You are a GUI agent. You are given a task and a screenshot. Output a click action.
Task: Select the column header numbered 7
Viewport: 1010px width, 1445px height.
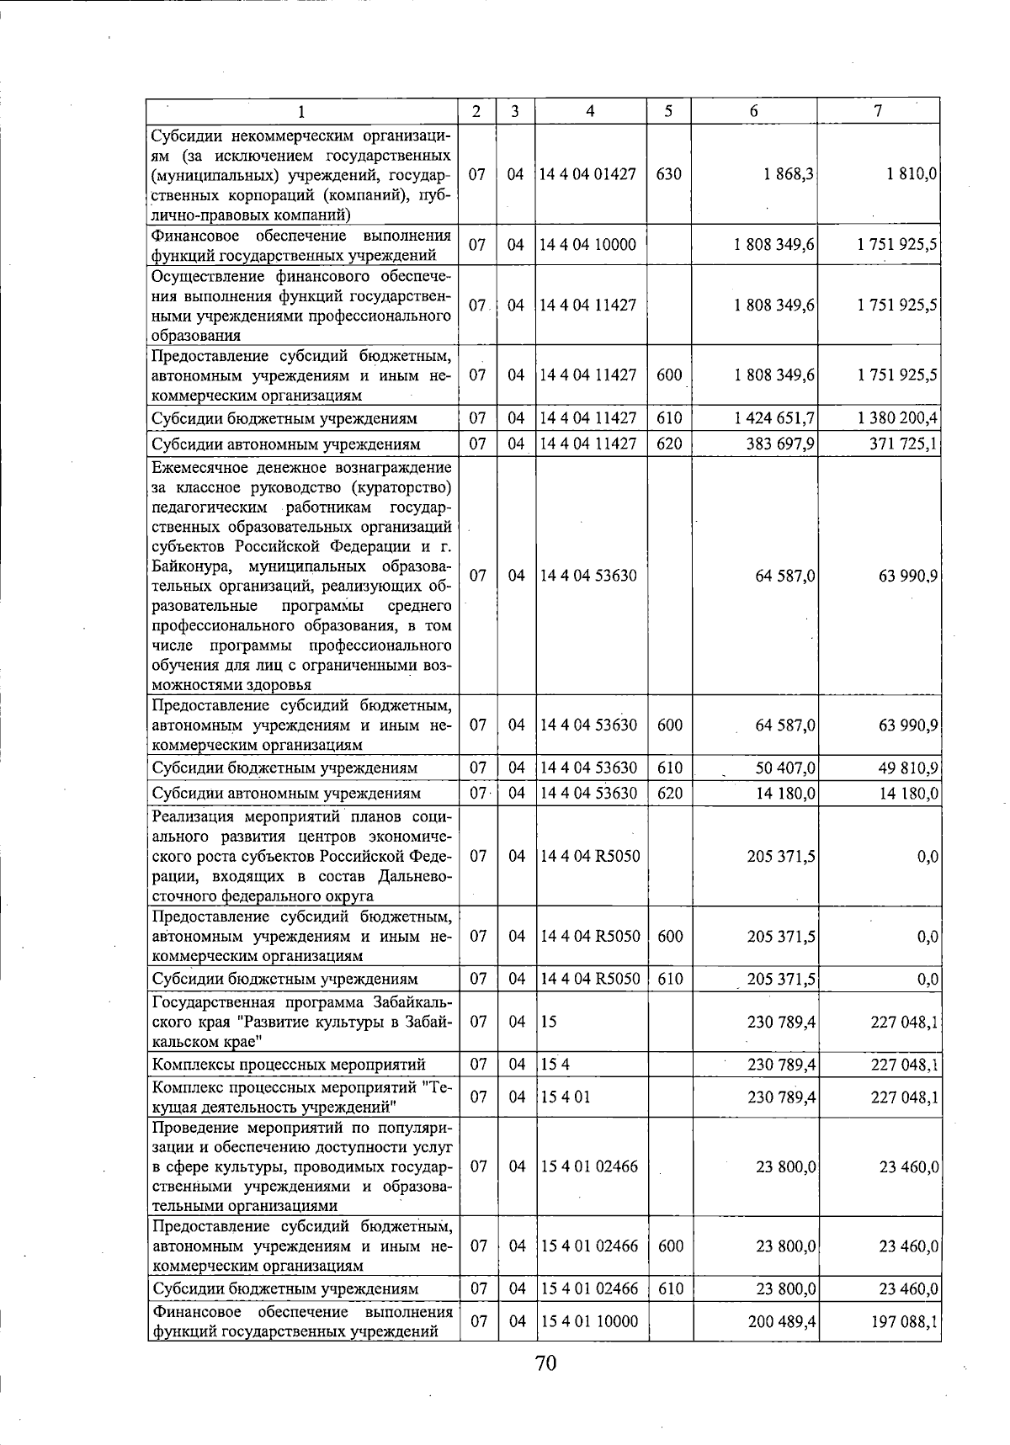coord(878,111)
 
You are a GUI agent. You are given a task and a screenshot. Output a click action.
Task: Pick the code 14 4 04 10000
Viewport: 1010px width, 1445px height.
coord(587,245)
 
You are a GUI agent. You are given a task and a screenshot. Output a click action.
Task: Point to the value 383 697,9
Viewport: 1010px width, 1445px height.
coord(780,444)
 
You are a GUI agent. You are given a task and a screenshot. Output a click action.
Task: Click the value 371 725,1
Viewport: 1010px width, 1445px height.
coord(904,444)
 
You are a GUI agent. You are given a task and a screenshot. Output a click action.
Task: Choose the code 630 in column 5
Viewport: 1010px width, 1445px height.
coord(668,174)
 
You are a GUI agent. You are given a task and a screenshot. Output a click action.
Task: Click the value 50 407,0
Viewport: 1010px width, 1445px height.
coord(784,768)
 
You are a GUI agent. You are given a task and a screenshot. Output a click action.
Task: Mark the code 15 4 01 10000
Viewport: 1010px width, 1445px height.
coord(588,1322)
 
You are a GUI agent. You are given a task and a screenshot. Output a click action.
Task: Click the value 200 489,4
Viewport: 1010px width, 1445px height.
coord(782,1322)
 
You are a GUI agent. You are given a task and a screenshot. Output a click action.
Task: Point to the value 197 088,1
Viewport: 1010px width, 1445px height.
coord(905,1322)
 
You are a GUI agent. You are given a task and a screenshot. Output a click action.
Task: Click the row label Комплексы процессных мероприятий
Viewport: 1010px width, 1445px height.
coord(288,1065)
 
